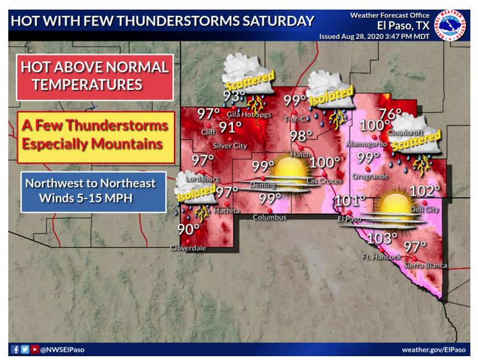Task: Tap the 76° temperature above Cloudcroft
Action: click(x=390, y=115)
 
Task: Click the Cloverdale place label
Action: click(x=188, y=248)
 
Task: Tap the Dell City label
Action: click(x=426, y=208)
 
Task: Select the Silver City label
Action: click(x=229, y=145)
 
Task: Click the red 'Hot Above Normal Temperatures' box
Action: click(x=95, y=76)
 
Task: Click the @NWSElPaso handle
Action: click(x=63, y=350)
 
